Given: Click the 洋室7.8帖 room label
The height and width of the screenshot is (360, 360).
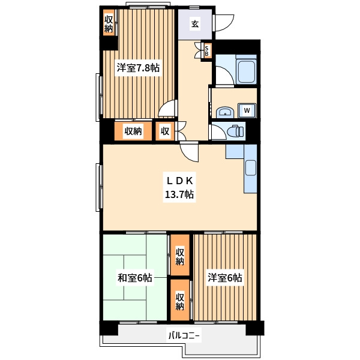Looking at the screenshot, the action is tap(138, 68).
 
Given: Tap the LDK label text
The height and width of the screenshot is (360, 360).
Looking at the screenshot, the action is tap(179, 181).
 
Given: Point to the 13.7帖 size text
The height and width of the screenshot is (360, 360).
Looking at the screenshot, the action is tap(179, 194).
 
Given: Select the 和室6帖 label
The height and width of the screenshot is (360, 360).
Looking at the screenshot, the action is tap(134, 278).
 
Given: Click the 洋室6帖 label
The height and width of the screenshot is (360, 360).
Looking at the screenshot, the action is tap(225, 278).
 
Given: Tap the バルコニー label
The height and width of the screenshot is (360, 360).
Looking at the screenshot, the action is tap(184, 336).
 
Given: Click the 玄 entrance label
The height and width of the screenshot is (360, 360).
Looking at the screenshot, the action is tap(195, 23).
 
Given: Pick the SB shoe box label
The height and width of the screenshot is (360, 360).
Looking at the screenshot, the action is tap(206, 51).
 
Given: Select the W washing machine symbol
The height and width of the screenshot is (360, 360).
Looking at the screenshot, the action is tap(247, 110).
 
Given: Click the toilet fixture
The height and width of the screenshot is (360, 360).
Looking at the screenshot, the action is tap(235, 131).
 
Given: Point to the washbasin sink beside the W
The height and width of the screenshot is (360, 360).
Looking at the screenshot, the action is tap(225, 113).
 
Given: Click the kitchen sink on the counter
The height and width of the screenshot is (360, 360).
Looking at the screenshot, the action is tap(251, 168).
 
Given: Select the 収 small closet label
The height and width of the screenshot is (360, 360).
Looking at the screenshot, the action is tap(165, 131).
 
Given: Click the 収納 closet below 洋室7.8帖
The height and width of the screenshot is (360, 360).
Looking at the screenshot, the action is tap(133, 131).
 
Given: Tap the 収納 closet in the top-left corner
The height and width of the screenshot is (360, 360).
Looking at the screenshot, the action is tap(109, 23).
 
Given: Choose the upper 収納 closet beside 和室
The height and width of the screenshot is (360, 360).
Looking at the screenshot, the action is tap(180, 255).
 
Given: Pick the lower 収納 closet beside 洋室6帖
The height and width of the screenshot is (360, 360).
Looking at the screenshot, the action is tap(180, 300).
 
